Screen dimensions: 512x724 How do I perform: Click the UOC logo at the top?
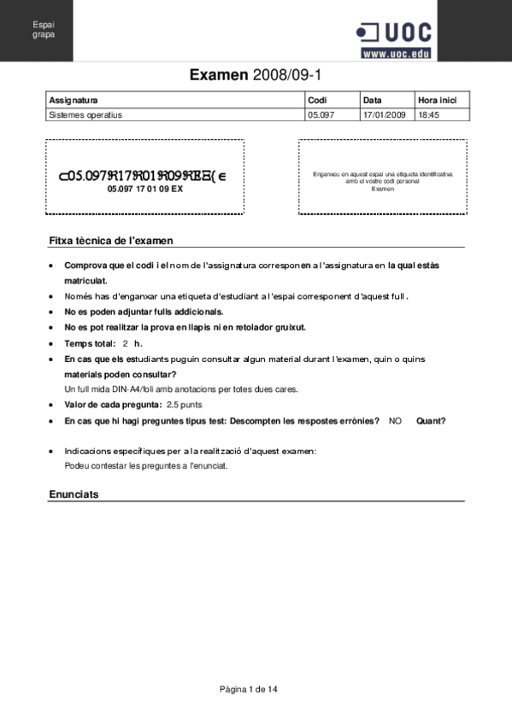point(394,32)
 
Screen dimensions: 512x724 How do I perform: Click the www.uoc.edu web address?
point(396,54)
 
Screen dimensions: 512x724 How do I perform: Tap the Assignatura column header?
point(74,101)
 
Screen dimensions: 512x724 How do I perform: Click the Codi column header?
point(317,101)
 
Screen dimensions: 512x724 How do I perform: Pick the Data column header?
point(372,101)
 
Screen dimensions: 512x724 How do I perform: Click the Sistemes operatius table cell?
point(85,114)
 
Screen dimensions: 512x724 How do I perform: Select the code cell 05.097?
point(321,114)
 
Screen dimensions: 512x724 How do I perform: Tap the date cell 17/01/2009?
point(384,114)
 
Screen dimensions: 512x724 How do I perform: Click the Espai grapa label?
point(44,30)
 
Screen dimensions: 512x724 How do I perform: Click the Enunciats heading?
point(74,494)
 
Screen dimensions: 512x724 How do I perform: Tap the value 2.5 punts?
point(185,405)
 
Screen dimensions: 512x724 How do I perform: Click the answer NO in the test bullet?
point(395,421)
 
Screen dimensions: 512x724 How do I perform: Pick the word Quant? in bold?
point(431,421)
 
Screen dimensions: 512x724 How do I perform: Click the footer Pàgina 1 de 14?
point(249,688)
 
